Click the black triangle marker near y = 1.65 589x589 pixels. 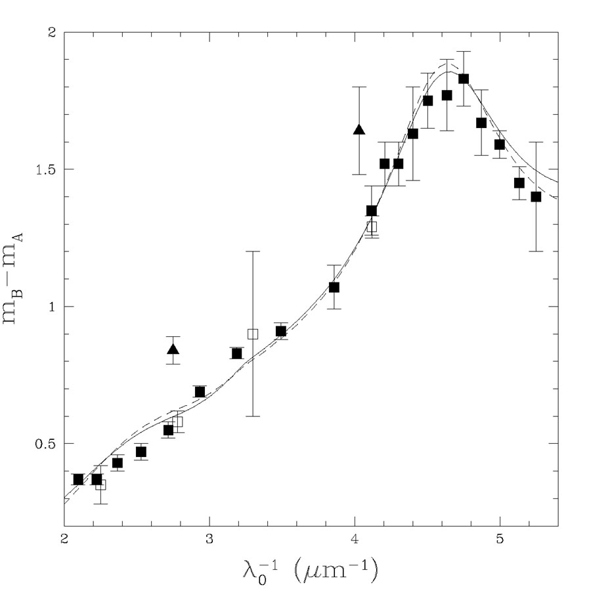click(x=359, y=129)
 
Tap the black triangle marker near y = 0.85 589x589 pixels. click(x=173, y=349)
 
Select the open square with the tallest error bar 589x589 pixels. click(x=253, y=334)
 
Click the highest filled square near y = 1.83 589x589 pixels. click(x=464, y=79)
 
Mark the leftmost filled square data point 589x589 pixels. click(x=79, y=479)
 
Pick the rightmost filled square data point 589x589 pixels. click(x=536, y=196)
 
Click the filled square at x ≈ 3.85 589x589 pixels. click(x=334, y=287)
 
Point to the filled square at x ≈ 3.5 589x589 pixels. click(x=281, y=331)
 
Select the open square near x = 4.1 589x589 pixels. click(x=372, y=227)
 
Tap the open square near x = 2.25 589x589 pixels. click(x=100, y=485)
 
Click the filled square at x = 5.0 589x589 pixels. click(x=500, y=144)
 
